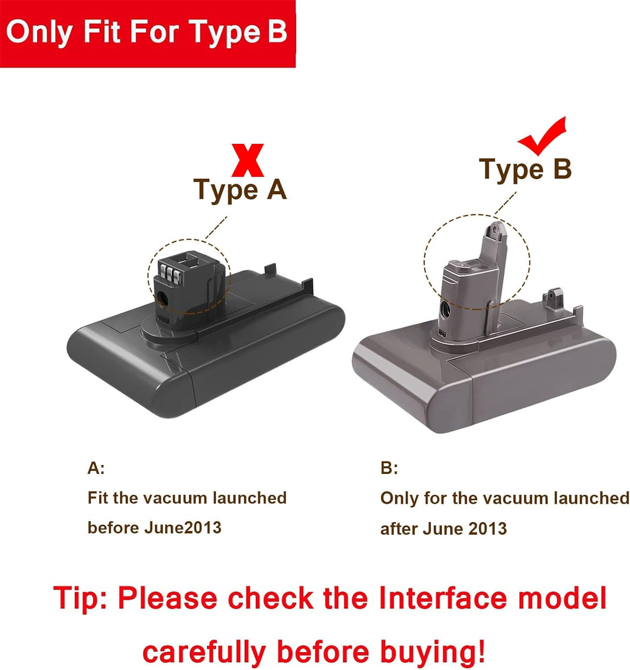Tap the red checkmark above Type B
pos(543,136)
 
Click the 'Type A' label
pos(240,189)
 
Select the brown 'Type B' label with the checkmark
pos(525,169)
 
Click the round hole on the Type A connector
pos(162,299)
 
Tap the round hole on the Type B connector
pos(445,309)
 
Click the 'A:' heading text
pos(96,468)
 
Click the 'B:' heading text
pos(389,468)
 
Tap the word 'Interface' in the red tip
pos(443,598)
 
